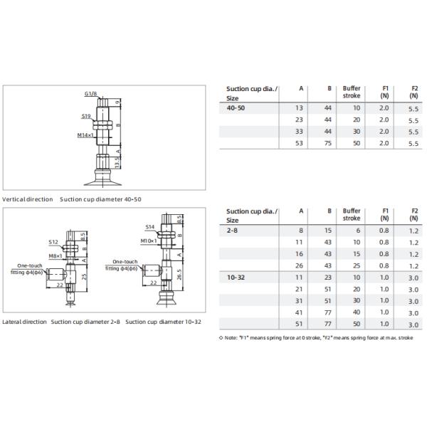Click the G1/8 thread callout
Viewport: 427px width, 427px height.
click(x=90, y=94)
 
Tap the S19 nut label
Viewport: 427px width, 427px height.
click(x=86, y=116)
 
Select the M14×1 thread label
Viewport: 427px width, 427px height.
click(x=85, y=135)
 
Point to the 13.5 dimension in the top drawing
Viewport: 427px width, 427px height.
click(x=117, y=162)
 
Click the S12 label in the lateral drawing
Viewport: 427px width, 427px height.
click(x=53, y=242)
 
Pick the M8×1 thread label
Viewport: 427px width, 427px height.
click(x=56, y=255)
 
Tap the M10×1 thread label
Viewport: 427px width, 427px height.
click(x=149, y=241)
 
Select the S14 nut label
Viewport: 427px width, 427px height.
click(x=149, y=227)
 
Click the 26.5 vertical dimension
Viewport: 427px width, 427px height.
click(x=179, y=275)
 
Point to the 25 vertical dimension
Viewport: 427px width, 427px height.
click(x=84, y=277)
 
